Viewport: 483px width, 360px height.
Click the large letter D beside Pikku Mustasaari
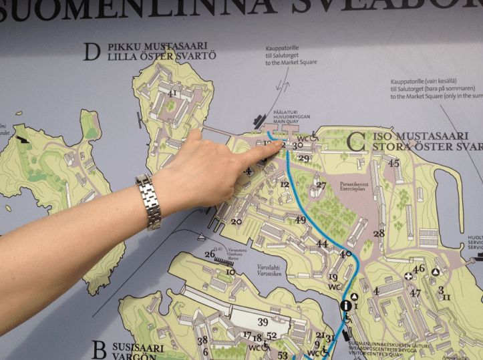(91, 53)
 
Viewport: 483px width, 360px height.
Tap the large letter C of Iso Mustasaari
(356, 141)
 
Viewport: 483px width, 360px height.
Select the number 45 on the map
(393, 163)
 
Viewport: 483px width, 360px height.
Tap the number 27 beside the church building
(321, 185)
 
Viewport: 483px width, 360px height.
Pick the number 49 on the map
(301, 220)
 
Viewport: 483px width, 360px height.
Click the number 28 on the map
(379, 234)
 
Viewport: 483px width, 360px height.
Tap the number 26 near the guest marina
(210, 254)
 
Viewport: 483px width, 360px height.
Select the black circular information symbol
(346, 306)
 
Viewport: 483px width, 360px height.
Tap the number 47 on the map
(416, 293)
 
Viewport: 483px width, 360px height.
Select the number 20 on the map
(236, 221)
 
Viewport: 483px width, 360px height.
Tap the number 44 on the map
(323, 244)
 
